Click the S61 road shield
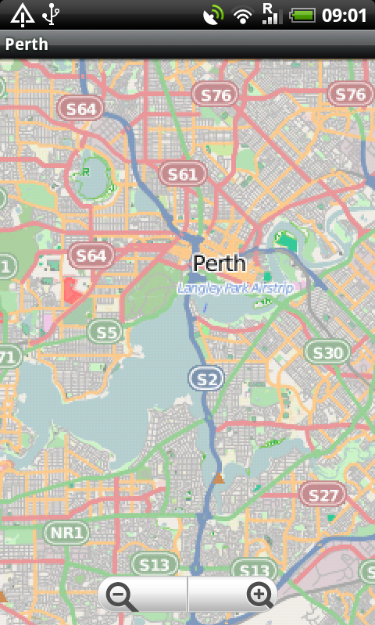(183, 174)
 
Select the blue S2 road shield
(206, 380)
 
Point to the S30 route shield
(327, 353)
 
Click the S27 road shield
(322, 495)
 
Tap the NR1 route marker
(66, 534)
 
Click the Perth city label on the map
(219, 262)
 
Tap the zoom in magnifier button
(259, 595)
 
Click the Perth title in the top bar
(27, 44)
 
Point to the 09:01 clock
(344, 15)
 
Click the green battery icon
(302, 15)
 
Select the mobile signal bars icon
(271, 14)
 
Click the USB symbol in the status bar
(51, 14)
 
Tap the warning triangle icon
(22, 14)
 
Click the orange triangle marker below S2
(219, 478)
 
